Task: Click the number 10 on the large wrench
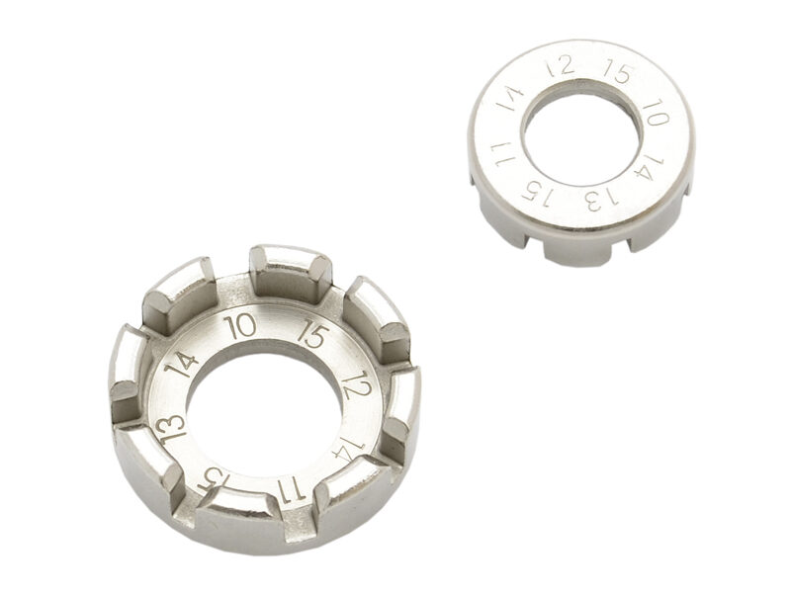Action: point(241,327)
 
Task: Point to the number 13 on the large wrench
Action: point(171,429)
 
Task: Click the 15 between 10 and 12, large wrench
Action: point(313,335)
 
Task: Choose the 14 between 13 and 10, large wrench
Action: point(181,364)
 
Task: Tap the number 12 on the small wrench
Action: point(561,66)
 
